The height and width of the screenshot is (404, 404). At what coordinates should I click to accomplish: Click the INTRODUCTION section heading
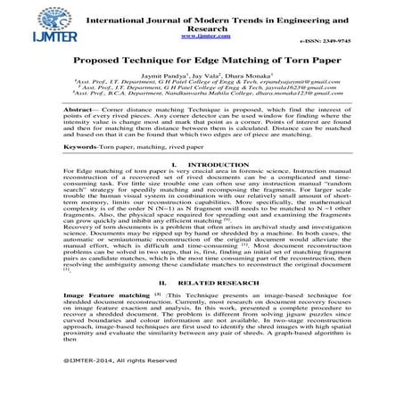coord(213,191)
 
